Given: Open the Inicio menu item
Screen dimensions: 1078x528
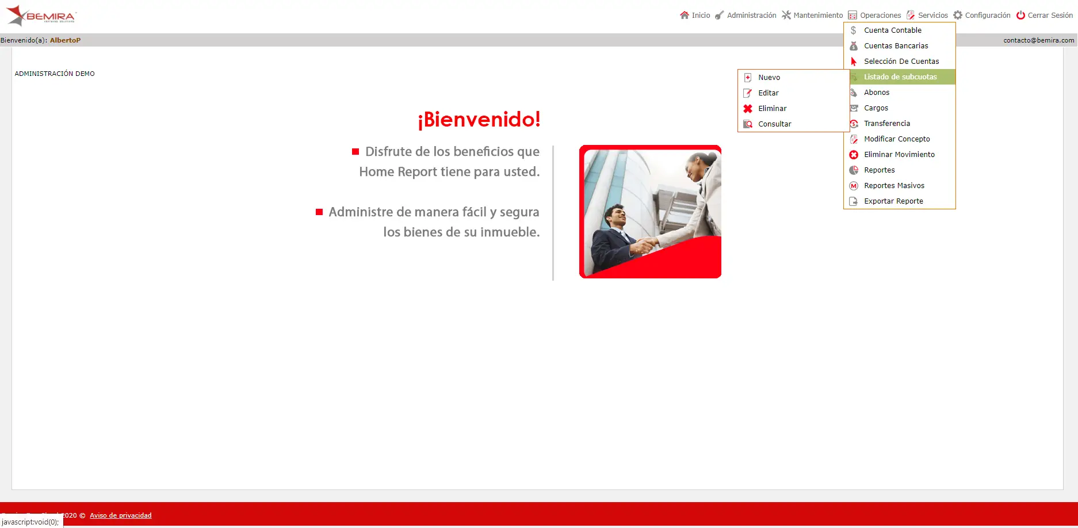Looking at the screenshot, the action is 695,16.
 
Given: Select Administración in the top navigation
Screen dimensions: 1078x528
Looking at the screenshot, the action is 746,16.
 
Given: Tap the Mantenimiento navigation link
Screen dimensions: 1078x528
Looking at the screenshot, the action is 812,16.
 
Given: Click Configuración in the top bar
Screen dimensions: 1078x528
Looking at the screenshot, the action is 982,16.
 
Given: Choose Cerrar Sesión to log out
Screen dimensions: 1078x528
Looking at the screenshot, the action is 1045,16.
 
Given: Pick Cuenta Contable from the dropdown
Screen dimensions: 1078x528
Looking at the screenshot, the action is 893,30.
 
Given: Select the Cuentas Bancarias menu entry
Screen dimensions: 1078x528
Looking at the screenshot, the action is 896,46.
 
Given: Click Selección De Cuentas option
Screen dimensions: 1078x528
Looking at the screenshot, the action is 901,62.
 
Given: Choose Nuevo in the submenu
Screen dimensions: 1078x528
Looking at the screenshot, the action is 769,78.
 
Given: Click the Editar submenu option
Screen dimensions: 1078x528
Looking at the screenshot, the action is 769,93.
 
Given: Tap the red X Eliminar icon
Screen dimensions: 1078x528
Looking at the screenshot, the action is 748,109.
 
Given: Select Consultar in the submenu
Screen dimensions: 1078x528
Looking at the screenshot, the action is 775,124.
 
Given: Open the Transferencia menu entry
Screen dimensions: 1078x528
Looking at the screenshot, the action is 887,124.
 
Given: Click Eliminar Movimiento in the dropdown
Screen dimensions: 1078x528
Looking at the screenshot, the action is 899,155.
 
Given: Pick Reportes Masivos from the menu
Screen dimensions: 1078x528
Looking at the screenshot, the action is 894,186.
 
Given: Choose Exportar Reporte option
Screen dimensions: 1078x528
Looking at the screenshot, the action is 893,201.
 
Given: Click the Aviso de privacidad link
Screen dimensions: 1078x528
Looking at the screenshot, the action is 121,515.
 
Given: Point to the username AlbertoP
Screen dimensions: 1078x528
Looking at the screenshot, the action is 65,40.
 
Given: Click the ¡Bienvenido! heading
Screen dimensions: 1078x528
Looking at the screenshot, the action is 479,120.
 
